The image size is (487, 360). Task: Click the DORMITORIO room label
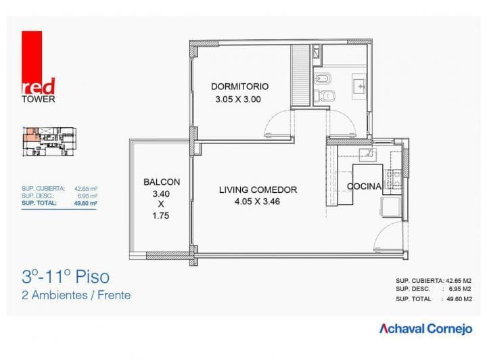[x=239, y=87]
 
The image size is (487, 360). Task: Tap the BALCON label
[x=161, y=182]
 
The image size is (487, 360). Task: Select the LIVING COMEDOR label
[x=258, y=189]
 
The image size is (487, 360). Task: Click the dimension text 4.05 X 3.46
[x=257, y=202]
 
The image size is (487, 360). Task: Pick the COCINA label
[x=364, y=186]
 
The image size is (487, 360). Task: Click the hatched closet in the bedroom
[x=298, y=76]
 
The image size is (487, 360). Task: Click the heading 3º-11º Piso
[x=65, y=277]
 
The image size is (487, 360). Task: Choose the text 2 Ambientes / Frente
[x=76, y=295]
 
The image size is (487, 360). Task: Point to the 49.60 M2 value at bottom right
[x=460, y=298]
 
